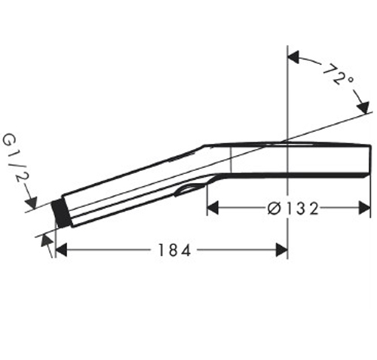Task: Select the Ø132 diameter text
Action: tap(290, 209)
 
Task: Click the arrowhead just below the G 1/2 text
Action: tap(32, 201)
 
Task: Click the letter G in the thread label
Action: tap(10, 140)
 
